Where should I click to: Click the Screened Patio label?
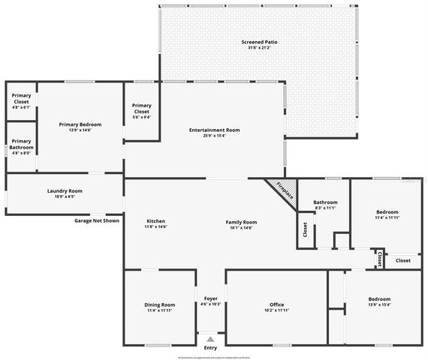(259, 42)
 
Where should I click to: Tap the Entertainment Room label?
(215, 130)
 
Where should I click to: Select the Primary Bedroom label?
(80, 124)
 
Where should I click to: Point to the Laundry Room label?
(65, 190)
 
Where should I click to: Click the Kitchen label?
(155, 221)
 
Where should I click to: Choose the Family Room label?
(242, 222)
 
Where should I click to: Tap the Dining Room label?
(159, 304)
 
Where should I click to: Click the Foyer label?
(211, 298)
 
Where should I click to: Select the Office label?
(276, 304)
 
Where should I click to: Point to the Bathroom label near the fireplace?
(325, 202)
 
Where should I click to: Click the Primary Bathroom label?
(22, 143)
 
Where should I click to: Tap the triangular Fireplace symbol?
(282, 190)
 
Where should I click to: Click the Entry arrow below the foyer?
(210, 339)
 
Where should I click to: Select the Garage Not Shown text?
(96, 220)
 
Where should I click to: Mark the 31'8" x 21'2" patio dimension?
(259, 48)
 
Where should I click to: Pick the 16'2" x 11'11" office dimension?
(276, 310)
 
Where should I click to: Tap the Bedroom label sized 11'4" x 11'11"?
(387, 211)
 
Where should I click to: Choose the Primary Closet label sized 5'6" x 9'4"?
(142, 109)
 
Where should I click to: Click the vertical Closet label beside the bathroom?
(305, 229)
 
